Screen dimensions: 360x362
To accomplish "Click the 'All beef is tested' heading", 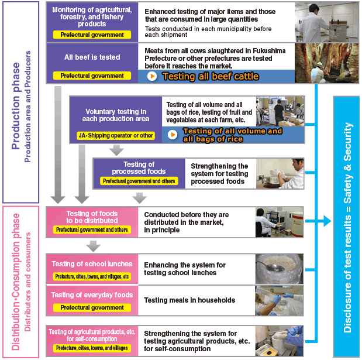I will pos(92,57).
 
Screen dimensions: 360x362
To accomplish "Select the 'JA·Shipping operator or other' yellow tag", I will pos(116,135).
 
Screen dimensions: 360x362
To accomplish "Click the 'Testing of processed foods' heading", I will pos(139,168).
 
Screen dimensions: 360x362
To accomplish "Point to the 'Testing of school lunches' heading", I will pos(92,264).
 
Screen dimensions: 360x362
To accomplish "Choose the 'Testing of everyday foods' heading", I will pos(92,295).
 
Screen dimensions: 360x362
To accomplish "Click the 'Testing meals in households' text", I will pos(189,300).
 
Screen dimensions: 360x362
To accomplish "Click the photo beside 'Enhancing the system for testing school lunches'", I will pos(279,268).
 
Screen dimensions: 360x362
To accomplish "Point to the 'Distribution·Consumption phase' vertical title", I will pos(16,282).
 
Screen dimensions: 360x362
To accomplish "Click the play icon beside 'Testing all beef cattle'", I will pos(151,76).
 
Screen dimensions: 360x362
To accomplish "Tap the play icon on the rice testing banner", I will pos(173,135).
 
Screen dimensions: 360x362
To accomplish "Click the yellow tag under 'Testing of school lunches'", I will pos(92,276).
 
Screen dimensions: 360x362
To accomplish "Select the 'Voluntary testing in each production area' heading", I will pos(116,115).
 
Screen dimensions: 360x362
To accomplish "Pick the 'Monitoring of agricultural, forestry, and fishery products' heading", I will pos(92,17).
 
